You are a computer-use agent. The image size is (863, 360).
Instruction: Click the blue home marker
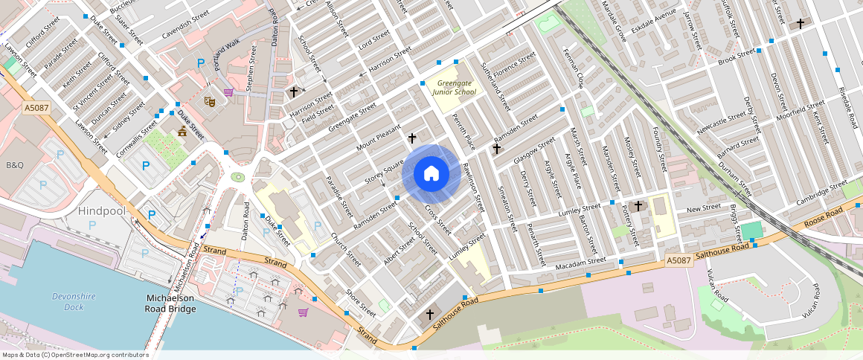coord(431,174)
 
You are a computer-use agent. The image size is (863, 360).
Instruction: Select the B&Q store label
coord(15,164)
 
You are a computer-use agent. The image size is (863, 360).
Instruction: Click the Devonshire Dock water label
coord(74,301)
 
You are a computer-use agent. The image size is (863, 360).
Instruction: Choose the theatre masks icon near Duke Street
coord(210,100)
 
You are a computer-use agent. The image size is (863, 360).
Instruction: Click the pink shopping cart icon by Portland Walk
coord(228,92)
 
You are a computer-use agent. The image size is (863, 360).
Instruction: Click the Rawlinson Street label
coord(473,187)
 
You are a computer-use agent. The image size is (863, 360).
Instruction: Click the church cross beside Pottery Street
coord(638,205)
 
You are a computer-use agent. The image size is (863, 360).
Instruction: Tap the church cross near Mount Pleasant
coord(412,138)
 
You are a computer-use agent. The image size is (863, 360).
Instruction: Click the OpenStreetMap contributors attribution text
coord(75,355)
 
